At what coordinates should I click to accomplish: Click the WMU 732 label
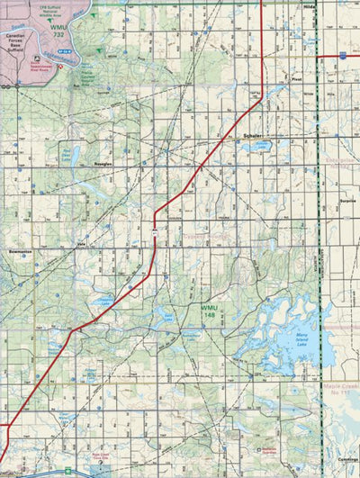(59, 32)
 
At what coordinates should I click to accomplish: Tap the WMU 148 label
(210, 311)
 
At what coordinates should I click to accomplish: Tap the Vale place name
(81, 243)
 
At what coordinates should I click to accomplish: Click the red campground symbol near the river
(60, 65)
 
